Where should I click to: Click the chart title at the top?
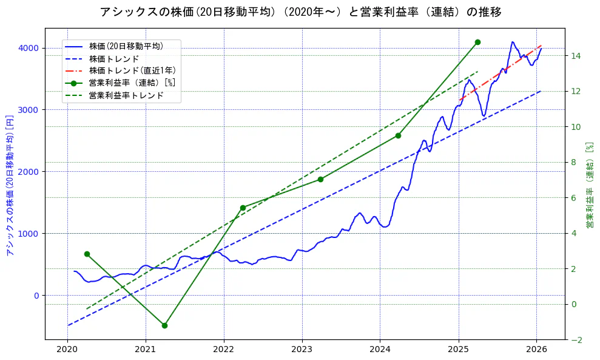click(300, 12)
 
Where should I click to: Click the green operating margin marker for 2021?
click(164, 325)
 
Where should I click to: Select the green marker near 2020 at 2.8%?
click(87, 254)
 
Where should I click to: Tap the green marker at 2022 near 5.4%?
click(243, 208)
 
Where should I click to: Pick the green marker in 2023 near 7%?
click(320, 179)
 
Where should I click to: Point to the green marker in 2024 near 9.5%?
click(398, 135)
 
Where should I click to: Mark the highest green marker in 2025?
click(477, 42)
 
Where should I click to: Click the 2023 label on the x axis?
click(302, 350)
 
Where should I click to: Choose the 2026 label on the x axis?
click(536, 350)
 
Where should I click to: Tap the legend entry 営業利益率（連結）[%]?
click(132, 83)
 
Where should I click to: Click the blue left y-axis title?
click(9, 184)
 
